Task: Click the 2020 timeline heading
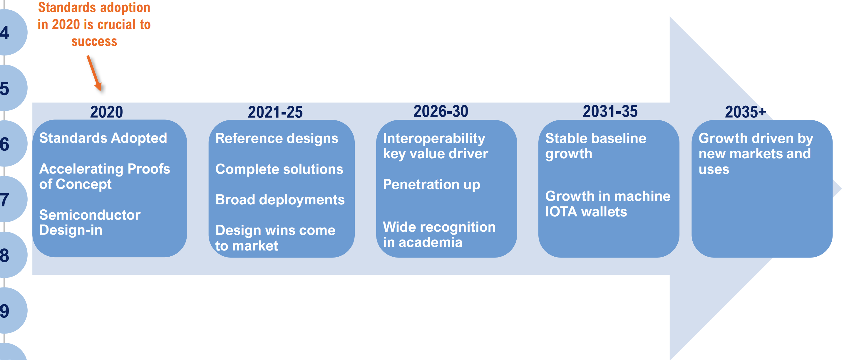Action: (x=106, y=112)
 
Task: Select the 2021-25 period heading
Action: (x=275, y=112)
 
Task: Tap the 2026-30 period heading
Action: (x=441, y=111)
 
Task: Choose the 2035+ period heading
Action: (x=746, y=112)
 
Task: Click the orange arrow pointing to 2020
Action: (x=94, y=73)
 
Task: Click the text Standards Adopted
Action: (x=103, y=138)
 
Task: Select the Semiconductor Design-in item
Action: (x=90, y=222)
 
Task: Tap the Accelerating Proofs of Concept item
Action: (x=105, y=176)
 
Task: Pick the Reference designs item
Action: (x=277, y=138)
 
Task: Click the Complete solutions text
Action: (x=279, y=169)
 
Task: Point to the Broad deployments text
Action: (x=280, y=200)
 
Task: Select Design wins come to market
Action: (x=275, y=238)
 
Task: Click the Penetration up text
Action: (x=431, y=185)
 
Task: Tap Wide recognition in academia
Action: (x=439, y=235)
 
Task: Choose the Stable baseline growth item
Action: (x=596, y=146)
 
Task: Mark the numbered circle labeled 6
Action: (x=10, y=144)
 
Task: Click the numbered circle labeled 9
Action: (x=10, y=311)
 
